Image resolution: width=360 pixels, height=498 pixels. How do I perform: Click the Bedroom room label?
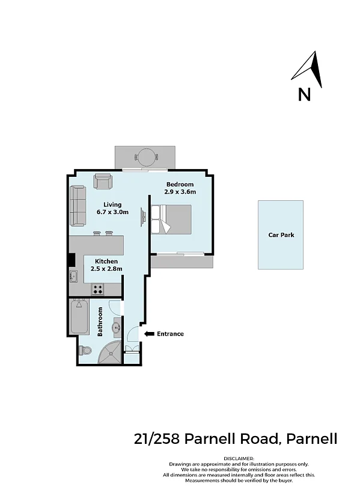[x=180, y=184]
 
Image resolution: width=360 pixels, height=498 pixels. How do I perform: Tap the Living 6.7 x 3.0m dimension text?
[x=113, y=212]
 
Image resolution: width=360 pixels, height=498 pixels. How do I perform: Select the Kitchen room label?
[x=106, y=261]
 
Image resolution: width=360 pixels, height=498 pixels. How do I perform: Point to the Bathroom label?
[x=100, y=321]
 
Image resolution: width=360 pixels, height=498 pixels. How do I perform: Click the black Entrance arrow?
[x=149, y=334]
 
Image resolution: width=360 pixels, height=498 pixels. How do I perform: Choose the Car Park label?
[x=281, y=235]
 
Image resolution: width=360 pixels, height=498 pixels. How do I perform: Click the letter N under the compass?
[x=304, y=94]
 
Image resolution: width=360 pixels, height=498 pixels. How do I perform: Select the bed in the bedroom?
[x=171, y=220]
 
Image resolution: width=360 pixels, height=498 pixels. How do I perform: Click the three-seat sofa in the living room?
[x=78, y=206]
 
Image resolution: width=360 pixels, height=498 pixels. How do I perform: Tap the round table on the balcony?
[x=146, y=157]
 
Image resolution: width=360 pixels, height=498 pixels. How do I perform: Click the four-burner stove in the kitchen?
[x=98, y=289]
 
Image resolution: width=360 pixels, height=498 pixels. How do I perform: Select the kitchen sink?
[x=73, y=276]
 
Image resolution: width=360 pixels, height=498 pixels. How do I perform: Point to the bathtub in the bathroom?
[x=79, y=316]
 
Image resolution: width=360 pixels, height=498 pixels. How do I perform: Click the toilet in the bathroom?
[x=85, y=351]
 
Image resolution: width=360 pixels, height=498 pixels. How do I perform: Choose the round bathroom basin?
[x=116, y=327]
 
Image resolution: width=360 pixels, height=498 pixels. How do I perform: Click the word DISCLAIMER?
[x=239, y=459]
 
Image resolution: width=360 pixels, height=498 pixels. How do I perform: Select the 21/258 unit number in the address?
[x=157, y=439]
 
